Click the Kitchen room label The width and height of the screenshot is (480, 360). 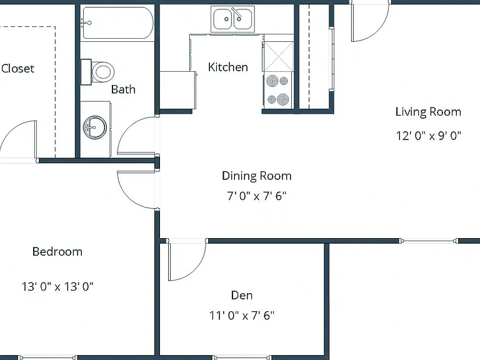coord(227,67)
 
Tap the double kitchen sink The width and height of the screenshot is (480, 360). coord(232,19)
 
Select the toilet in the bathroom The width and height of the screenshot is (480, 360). coord(97,72)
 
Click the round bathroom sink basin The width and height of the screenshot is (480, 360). coord(95,127)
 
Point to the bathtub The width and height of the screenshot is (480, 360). coord(118,22)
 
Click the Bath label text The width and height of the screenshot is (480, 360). coord(123,89)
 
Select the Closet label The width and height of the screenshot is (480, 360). coord(17,68)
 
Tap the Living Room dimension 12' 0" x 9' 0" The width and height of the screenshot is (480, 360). coord(429,135)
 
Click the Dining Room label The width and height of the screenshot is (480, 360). coord(256,176)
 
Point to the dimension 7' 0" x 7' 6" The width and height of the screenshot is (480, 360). coord(256,196)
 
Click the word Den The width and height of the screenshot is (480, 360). coord(242,295)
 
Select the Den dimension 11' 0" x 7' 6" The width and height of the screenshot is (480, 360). coord(242,315)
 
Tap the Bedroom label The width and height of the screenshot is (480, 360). coord(57,252)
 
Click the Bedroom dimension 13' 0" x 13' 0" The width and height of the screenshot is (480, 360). coord(57,286)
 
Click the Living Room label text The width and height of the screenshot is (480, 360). coord(428,112)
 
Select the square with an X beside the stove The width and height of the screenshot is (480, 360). coord(279,56)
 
